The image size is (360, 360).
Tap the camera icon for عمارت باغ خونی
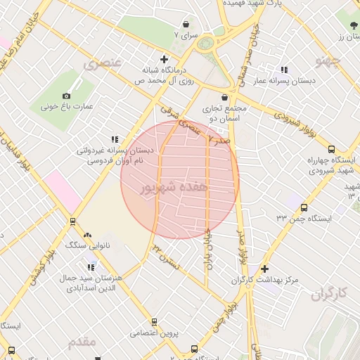coord(67,96)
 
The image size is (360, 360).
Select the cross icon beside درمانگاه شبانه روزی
coord(165,60)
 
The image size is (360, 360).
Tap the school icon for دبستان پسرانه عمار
coord(284,70)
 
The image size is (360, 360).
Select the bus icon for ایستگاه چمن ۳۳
coord(304,207)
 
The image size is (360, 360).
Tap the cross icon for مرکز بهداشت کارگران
coord(264,269)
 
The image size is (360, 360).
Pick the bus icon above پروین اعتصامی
coord(154,322)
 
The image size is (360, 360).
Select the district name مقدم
coord(82,342)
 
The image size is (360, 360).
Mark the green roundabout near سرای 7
coord(206,44)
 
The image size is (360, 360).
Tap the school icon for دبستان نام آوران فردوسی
coord(115,139)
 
